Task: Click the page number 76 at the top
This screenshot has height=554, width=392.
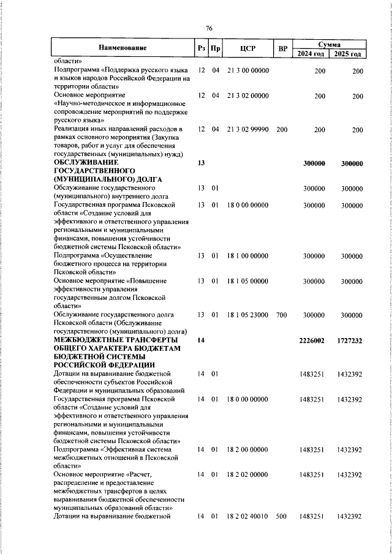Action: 209,29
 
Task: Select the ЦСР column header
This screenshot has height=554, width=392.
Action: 248,48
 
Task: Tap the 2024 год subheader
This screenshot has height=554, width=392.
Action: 311,54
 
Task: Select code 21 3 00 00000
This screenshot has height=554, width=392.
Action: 248,70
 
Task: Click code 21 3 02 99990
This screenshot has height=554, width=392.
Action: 248,130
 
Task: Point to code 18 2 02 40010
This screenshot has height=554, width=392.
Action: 248,517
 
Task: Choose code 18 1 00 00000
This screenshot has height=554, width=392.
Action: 248,255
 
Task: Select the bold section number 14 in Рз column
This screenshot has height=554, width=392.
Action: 201,340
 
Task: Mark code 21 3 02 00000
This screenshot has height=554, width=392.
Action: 248,96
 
